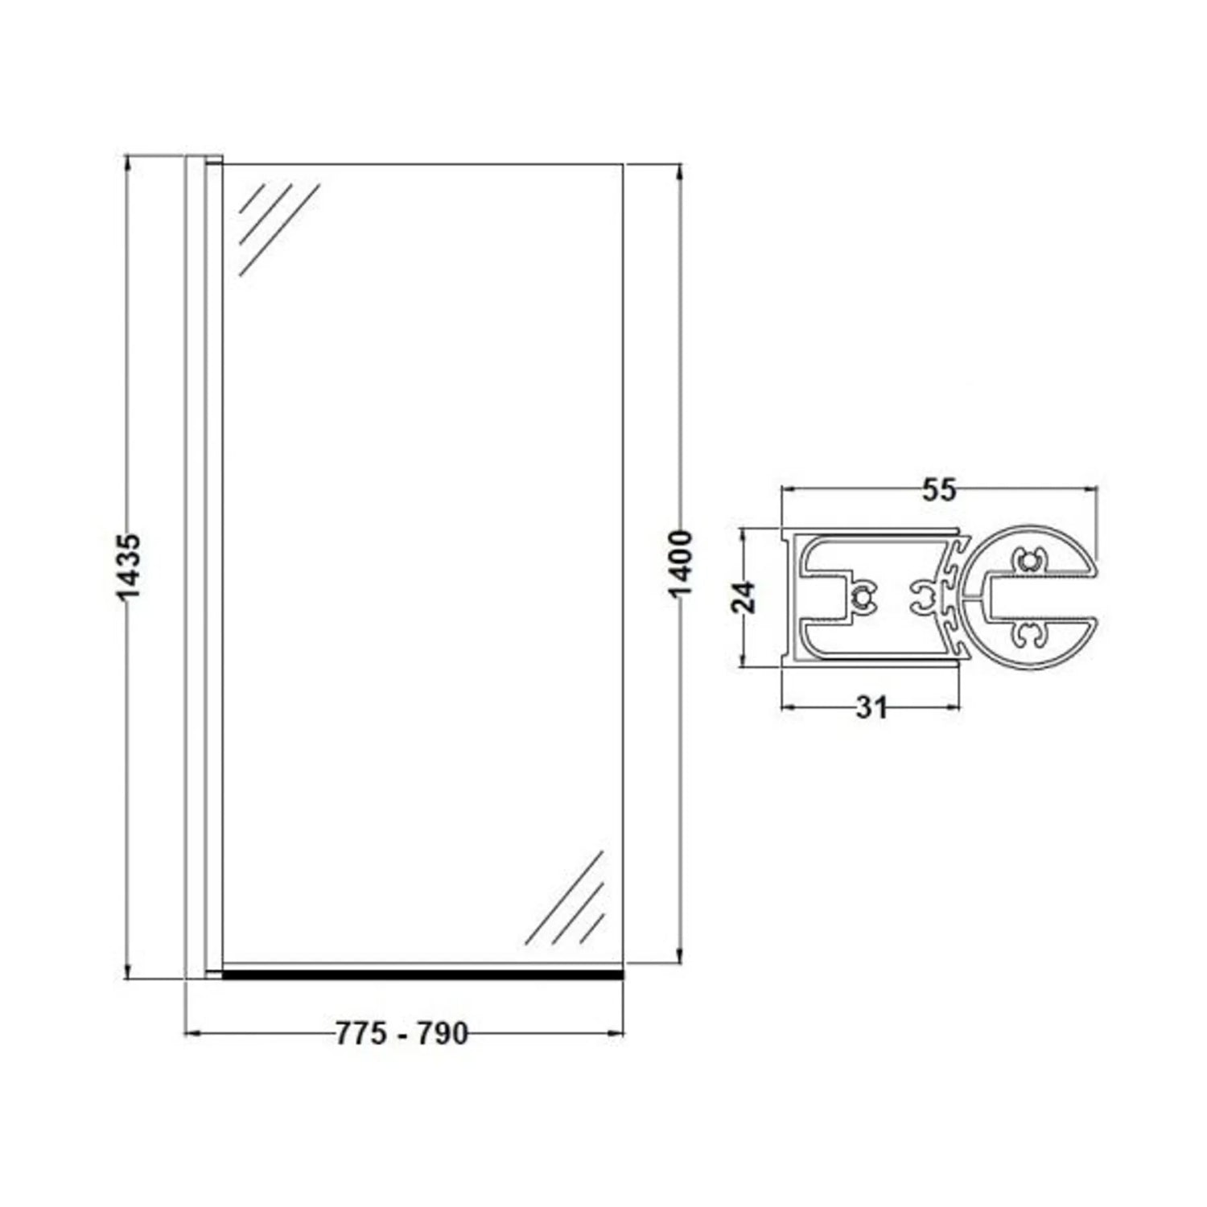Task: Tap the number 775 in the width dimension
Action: (361, 1033)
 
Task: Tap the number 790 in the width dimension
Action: (442, 1033)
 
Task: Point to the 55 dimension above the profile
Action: (938, 489)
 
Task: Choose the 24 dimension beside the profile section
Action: (747, 597)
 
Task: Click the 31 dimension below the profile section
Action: (871, 707)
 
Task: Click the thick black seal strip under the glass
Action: (422, 974)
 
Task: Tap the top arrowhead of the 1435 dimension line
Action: (128, 161)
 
